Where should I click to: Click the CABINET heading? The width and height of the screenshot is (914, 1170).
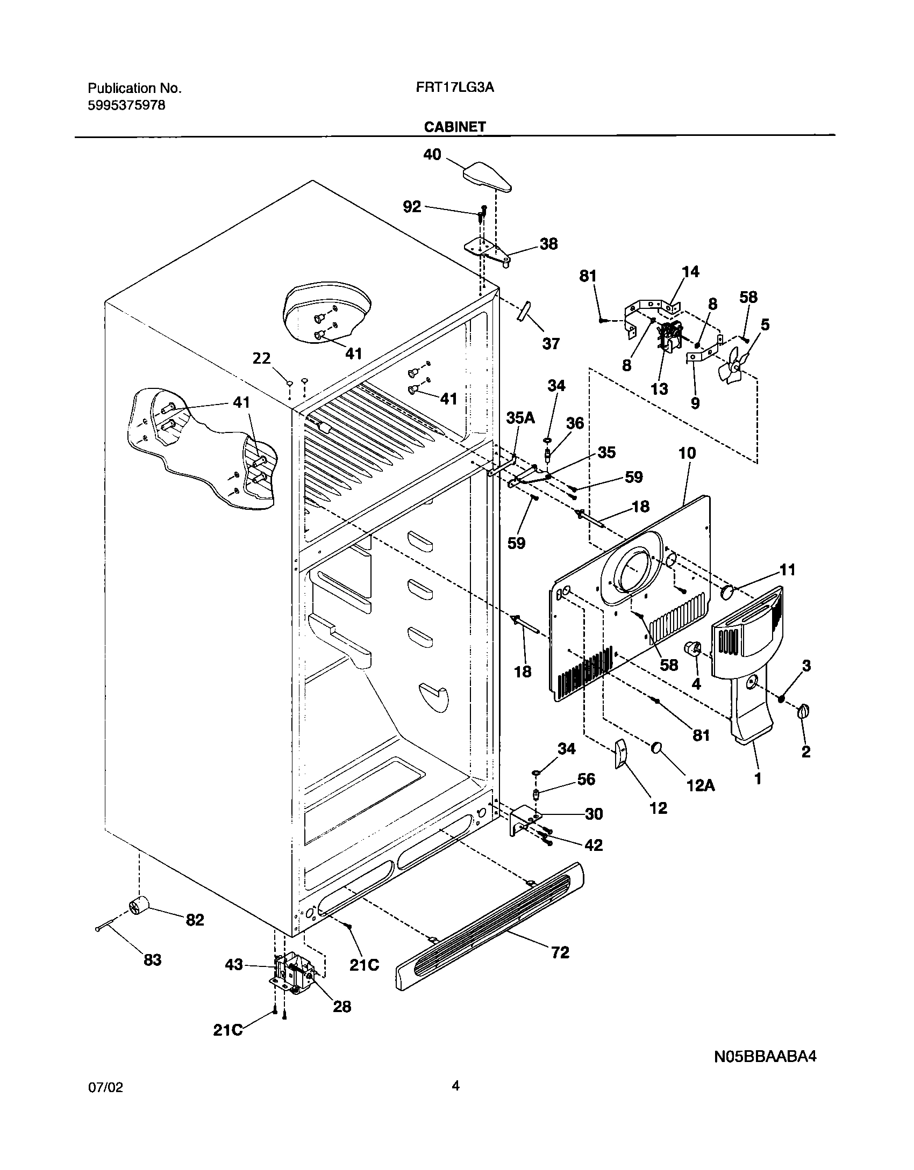point(454,127)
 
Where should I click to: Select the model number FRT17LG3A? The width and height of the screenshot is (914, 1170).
point(454,88)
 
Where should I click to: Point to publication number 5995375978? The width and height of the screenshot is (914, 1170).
point(126,105)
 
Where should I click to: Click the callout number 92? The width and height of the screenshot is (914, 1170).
point(412,207)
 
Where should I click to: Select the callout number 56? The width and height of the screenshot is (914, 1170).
point(585,779)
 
